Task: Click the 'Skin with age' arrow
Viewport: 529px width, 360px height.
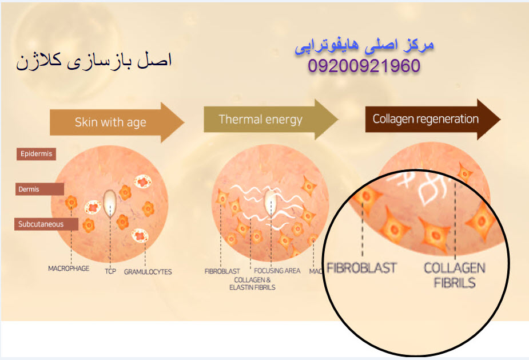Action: coord(117,122)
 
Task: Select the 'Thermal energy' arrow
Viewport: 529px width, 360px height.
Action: coord(270,120)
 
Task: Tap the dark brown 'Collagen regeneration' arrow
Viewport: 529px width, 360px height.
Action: coord(432,119)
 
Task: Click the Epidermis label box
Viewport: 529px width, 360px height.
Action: coord(36,154)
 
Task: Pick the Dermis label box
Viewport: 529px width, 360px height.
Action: coord(39,189)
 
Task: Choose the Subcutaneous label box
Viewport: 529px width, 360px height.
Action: coord(46,224)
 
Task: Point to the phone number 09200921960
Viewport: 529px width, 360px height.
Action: coord(364,66)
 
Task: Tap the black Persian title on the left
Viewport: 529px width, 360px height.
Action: coord(94,61)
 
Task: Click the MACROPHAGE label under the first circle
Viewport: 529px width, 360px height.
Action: coord(69,268)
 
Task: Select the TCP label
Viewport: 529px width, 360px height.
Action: coord(110,271)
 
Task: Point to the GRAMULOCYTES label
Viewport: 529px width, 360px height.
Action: coord(148,272)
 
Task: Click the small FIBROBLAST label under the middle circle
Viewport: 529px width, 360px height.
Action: coord(222,271)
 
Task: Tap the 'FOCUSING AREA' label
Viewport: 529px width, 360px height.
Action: coord(277,271)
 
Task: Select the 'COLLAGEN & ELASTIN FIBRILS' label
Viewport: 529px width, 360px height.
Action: coord(252,284)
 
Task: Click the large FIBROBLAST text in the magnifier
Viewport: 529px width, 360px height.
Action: coord(361,268)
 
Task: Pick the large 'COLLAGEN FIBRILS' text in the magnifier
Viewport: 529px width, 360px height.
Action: coord(455,275)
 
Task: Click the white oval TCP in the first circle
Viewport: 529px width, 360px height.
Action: coord(109,203)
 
